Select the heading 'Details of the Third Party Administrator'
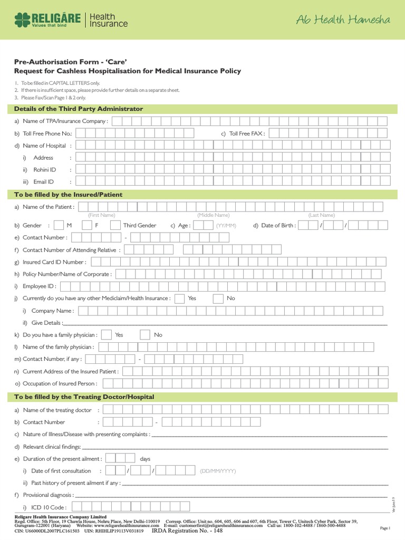point(79,109)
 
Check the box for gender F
point(88,225)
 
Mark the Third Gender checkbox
point(115,225)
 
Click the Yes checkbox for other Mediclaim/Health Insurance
point(179,298)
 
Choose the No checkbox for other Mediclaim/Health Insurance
point(218,298)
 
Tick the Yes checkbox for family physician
point(106,335)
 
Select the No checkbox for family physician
point(145,335)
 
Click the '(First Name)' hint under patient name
point(101,215)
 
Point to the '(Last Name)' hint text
point(321,215)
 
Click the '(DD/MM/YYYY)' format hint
point(218,471)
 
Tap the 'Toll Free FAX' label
point(246,133)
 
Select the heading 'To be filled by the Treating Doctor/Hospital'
point(84,397)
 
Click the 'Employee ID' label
point(39,286)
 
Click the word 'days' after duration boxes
point(145,459)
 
